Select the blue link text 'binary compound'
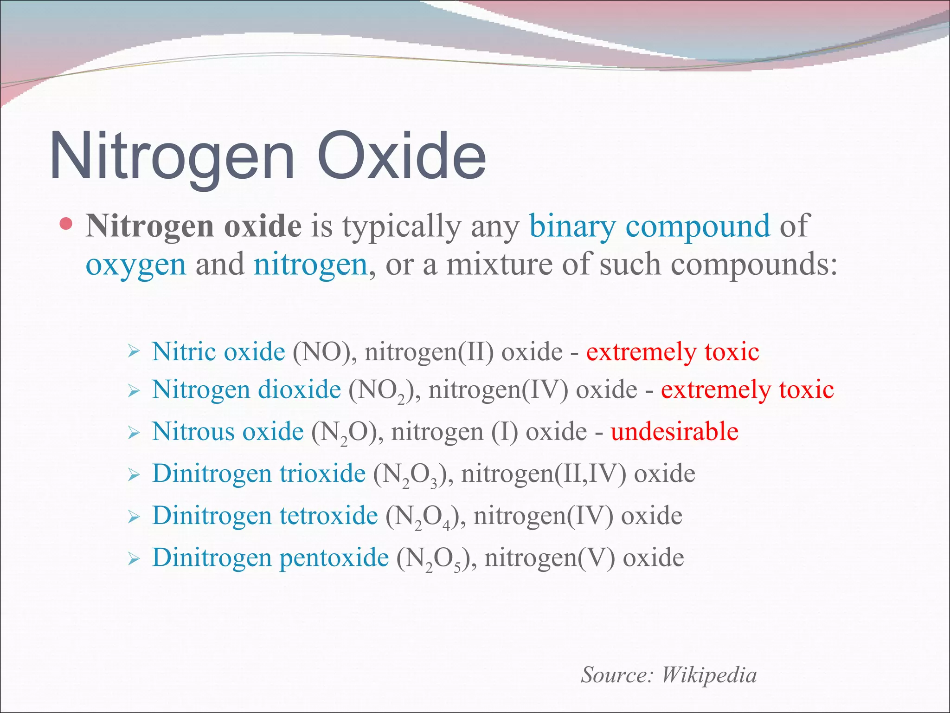tap(649, 227)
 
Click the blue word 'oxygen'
tap(136, 265)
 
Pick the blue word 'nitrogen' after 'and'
tap(310, 265)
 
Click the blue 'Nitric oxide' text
tap(218, 351)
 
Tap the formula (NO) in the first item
tap(321, 351)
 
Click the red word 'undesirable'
tap(674, 431)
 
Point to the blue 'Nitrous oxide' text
tap(228, 431)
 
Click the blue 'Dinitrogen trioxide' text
tap(259, 473)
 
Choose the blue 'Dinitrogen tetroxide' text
tap(265, 515)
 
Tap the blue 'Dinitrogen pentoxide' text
tap(270, 557)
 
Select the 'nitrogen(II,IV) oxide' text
tap(578, 473)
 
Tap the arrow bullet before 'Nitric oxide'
tap(134, 351)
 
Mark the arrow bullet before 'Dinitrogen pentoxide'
tap(134, 558)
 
